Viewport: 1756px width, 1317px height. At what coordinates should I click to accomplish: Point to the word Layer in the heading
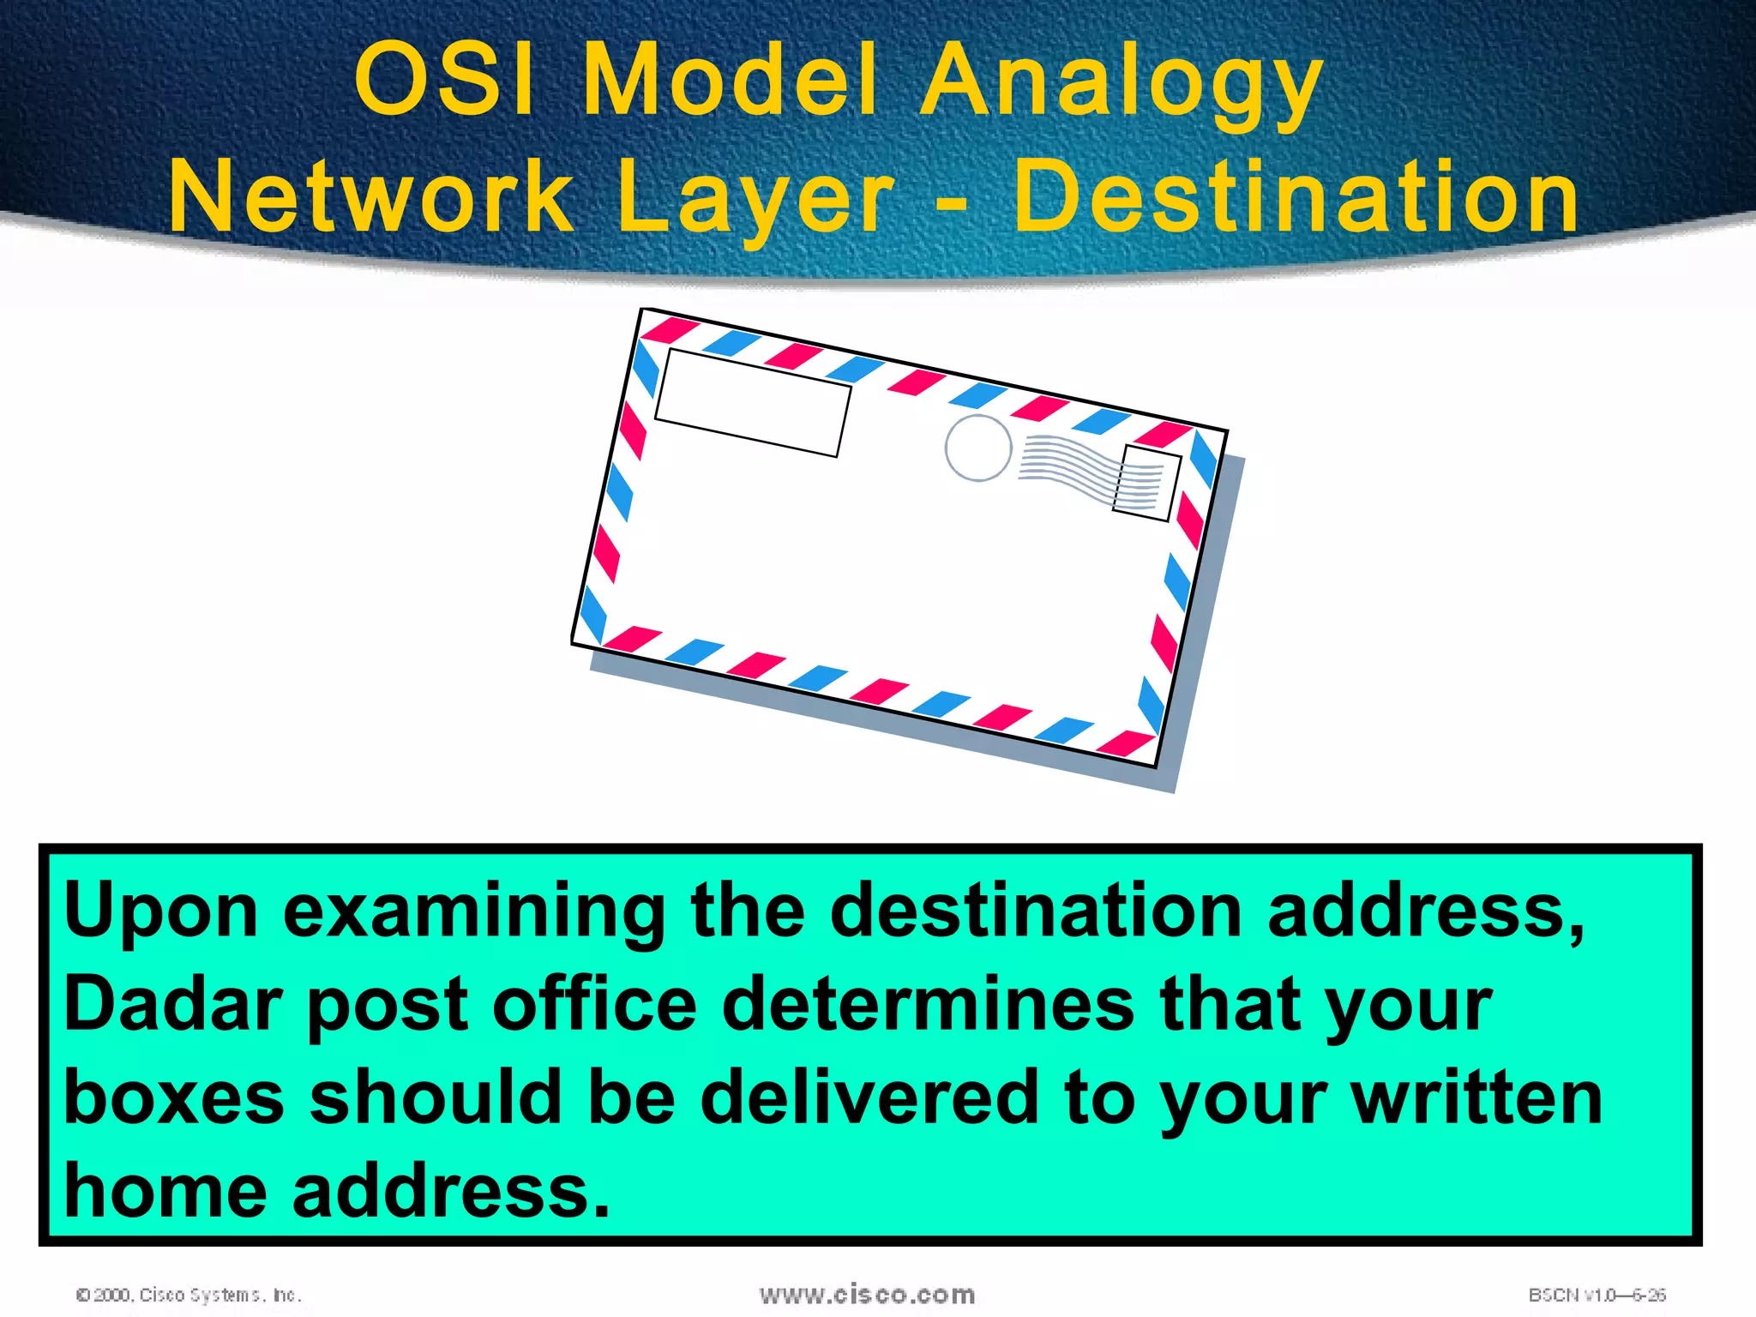755,199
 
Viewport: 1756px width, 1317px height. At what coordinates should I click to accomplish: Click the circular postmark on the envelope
978,448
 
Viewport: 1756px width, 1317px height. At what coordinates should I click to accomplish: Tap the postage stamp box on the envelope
1146,483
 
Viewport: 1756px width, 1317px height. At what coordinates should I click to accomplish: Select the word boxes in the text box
173,1098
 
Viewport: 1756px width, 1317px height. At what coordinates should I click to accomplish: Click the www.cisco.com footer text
867,1294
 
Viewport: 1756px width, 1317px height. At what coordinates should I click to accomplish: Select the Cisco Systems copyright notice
189,1295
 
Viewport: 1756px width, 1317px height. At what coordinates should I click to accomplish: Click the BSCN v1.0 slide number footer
1597,1295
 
